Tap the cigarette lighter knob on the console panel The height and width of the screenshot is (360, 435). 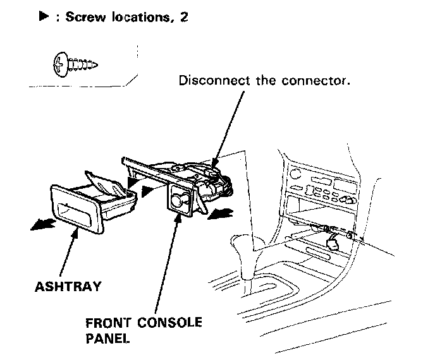pos(179,200)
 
